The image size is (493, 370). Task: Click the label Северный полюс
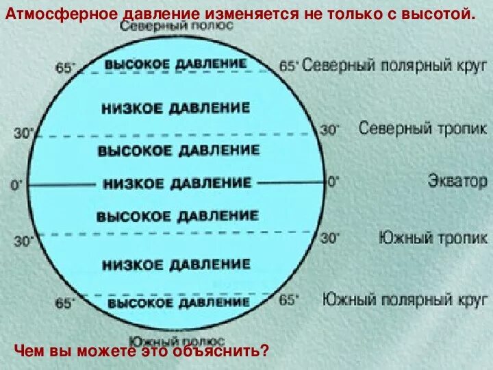tap(177, 26)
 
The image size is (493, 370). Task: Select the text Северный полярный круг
tap(394, 66)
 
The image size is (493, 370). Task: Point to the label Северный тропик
tap(422, 128)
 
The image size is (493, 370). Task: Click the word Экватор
tap(457, 182)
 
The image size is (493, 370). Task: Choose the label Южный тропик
tap(433, 238)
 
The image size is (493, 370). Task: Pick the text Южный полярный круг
tap(405, 299)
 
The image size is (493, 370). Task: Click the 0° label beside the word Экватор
tap(333, 182)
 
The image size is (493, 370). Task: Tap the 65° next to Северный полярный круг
tap(288, 66)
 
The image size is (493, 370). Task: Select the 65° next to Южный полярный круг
tap(289, 299)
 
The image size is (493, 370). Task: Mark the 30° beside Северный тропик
tap(330, 129)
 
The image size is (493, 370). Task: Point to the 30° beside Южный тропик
tap(330, 238)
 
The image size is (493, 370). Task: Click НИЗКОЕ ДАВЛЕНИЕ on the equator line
tap(177, 183)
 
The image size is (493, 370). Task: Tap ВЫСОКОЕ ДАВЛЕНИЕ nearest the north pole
tap(175, 63)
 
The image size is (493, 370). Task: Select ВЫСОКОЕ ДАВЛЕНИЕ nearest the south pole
tap(178, 302)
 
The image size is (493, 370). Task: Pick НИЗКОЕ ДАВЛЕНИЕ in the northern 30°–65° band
tap(175, 108)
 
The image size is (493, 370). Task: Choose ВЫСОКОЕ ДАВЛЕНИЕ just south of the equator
tap(177, 217)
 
